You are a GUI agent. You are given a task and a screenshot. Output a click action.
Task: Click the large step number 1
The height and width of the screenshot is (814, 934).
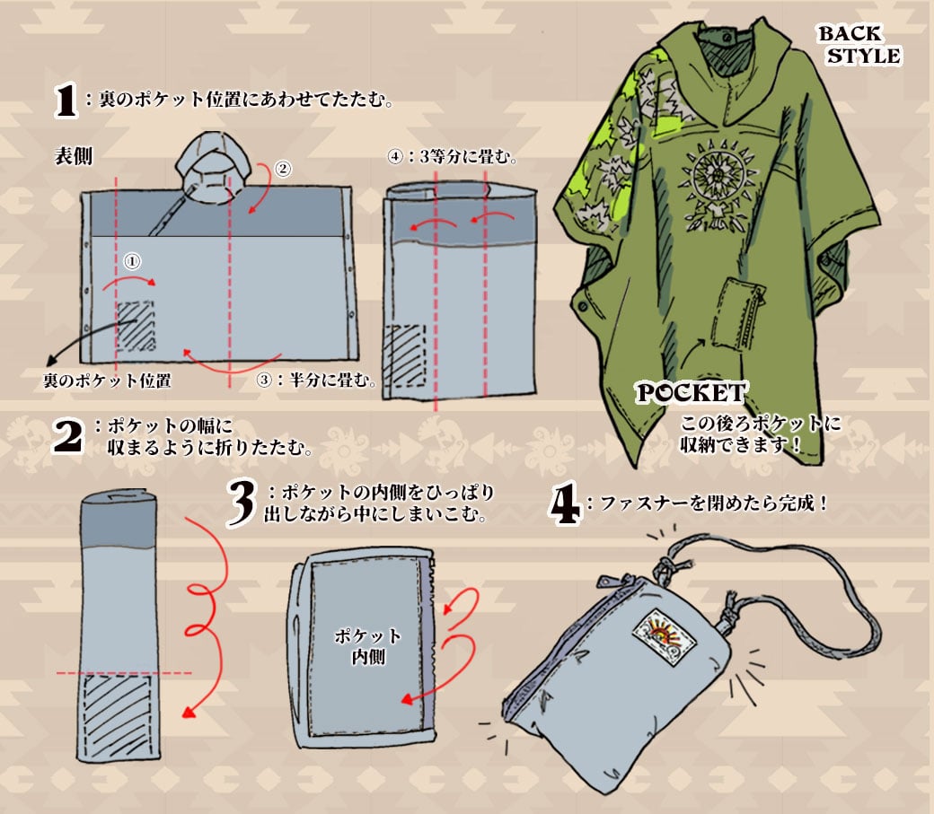[66, 100]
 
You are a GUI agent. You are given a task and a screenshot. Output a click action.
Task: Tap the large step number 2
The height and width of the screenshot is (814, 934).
[67, 436]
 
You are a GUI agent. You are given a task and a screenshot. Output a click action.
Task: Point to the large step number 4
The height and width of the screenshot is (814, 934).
[564, 503]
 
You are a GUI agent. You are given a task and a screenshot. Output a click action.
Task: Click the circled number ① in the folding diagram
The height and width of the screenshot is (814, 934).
[132, 261]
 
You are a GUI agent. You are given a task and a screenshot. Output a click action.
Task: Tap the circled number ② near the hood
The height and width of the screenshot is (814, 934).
[282, 169]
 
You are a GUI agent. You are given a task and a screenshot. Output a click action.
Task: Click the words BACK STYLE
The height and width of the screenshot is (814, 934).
[860, 45]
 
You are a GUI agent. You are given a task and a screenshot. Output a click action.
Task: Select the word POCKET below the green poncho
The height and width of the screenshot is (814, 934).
[691, 393]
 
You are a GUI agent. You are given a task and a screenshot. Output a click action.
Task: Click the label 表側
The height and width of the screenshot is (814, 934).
[74, 156]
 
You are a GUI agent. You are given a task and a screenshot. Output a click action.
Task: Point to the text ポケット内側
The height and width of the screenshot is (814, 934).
[368, 646]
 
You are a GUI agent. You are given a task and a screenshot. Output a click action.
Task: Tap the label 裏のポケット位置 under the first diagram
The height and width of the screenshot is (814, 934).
[107, 381]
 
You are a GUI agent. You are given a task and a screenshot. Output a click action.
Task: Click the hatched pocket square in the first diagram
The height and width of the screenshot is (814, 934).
[136, 327]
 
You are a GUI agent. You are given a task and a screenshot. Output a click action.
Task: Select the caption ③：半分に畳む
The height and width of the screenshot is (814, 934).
[316, 380]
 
